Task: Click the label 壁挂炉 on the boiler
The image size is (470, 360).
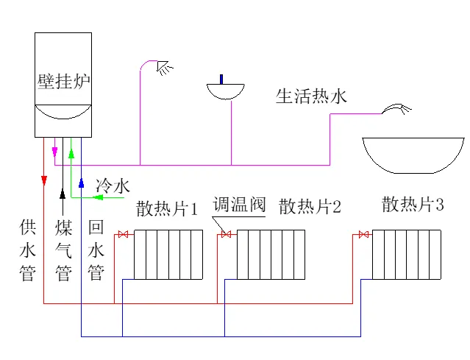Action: (63, 81)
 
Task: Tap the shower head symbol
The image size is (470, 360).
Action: (165, 68)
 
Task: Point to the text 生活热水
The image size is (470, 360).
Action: (310, 96)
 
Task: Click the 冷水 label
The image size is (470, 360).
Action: (113, 185)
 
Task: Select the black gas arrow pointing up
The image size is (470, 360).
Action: (62, 193)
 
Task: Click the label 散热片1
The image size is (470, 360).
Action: (167, 209)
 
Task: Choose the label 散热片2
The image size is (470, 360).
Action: (310, 206)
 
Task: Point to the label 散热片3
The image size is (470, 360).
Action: (413, 205)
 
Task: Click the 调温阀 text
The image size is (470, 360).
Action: (239, 205)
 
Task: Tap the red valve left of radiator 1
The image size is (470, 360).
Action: (124, 235)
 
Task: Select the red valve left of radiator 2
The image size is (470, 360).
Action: (226, 235)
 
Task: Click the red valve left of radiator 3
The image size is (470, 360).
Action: (362, 235)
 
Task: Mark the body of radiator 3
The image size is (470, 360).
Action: (406, 254)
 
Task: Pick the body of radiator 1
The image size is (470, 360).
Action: (168, 254)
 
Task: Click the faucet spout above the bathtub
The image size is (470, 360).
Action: (397, 109)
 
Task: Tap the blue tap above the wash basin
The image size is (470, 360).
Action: (221, 78)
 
